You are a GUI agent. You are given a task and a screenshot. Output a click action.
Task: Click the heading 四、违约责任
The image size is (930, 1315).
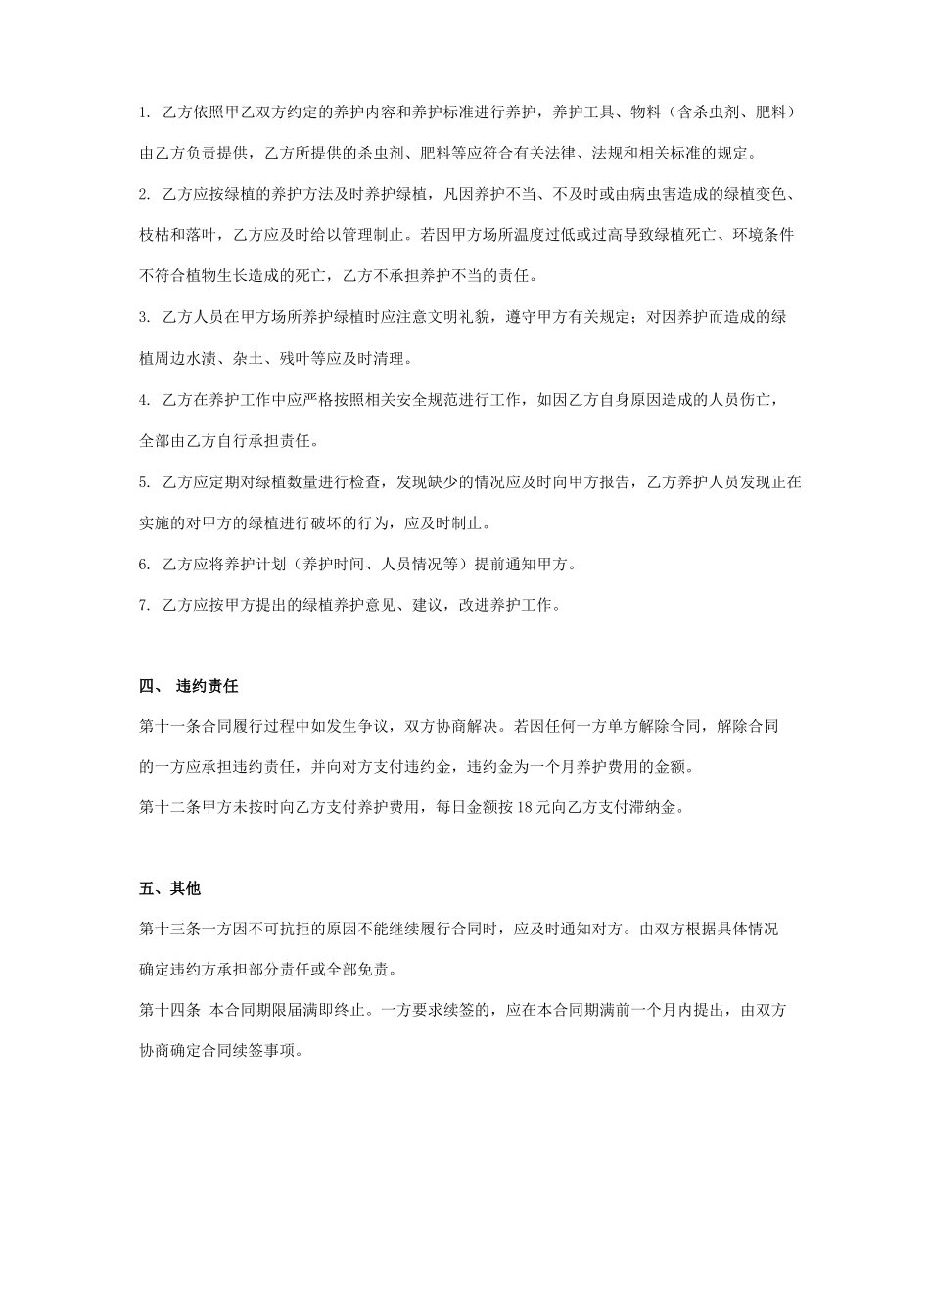[x=189, y=687]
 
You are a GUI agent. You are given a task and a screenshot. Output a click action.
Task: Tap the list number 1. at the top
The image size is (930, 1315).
[x=145, y=113]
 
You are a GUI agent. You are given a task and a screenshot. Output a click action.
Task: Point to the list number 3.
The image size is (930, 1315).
[x=145, y=317]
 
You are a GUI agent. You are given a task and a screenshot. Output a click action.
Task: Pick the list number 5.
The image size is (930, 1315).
[x=145, y=482]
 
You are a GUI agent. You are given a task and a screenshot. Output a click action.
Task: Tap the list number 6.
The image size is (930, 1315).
[x=145, y=565]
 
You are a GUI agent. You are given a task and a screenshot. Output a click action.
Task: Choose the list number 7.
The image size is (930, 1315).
[x=145, y=606]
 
